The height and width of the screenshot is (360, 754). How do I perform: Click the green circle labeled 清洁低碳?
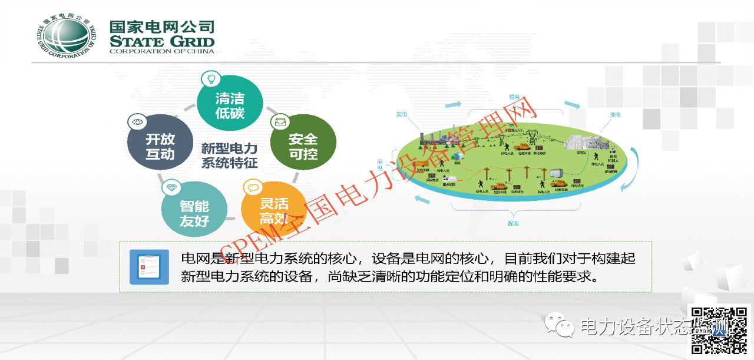pos(230,106)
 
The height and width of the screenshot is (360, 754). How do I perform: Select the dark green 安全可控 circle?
pos(303,146)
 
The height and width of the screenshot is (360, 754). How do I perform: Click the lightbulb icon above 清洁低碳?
pos(210,78)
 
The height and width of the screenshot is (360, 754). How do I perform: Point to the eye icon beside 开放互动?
pos(137,121)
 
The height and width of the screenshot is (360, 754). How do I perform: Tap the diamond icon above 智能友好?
pos(170,188)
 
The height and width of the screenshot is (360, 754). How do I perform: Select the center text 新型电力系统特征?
pos(229,155)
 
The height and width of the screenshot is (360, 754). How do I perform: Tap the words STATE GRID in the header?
pos(161,41)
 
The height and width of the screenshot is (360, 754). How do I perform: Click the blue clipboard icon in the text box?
pos(148,267)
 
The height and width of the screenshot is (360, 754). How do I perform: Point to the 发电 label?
pos(402,114)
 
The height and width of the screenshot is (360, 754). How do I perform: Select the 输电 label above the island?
pos(514,96)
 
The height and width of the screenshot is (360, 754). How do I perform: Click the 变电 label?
pos(615,115)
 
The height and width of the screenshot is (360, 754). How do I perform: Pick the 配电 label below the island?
pos(514,223)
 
